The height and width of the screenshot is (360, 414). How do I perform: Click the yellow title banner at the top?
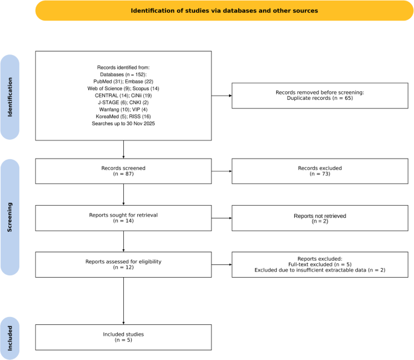point(224,10)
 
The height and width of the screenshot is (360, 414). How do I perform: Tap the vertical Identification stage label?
point(10,97)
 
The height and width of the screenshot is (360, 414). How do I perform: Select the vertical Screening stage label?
point(10,217)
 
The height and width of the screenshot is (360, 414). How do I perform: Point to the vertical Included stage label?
point(10,338)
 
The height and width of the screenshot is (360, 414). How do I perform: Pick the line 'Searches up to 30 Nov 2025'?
point(123,123)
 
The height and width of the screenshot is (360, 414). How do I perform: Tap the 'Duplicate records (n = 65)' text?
point(320,98)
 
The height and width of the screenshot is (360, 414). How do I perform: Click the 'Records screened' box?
point(123,171)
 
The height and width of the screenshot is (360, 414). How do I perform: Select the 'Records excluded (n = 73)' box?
point(320,171)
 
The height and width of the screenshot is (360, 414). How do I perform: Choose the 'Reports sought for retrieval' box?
point(123,218)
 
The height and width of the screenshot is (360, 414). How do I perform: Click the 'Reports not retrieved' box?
point(320,218)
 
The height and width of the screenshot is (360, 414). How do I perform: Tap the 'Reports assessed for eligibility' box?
point(123,264)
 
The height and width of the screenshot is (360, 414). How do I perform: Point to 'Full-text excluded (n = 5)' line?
point(320,264)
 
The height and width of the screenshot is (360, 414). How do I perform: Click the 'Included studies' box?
point(123,337)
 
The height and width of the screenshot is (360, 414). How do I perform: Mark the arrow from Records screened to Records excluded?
point(222,171)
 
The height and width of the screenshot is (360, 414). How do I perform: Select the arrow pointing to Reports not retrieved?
point(222,218)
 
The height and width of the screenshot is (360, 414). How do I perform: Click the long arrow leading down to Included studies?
point(123,301)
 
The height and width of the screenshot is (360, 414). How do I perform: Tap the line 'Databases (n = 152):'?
point(123,74)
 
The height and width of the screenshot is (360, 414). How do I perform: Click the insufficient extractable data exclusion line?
point(320,270)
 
